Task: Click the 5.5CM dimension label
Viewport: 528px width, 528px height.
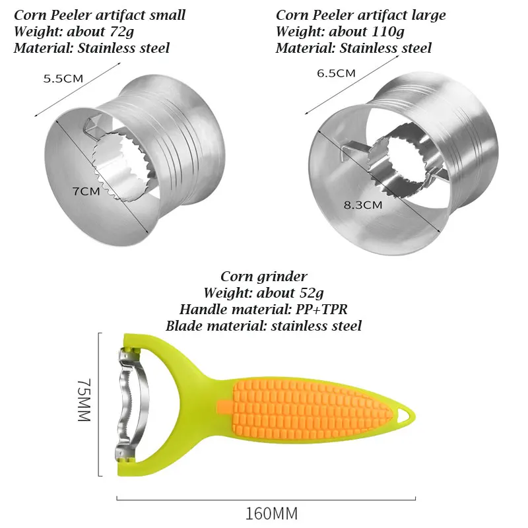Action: point(63,79)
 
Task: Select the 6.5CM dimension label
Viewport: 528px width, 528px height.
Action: point(336,73)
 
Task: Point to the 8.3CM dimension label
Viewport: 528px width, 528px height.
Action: point(364,205)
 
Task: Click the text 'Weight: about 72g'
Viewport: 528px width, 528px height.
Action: point(74,31)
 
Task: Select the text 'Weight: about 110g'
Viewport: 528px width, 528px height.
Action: point(340,31)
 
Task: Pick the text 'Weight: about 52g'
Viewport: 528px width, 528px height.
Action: point(263,293)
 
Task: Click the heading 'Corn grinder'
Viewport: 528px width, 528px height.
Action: point(263,277)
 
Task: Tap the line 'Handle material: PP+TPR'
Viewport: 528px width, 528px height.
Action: point(263,309)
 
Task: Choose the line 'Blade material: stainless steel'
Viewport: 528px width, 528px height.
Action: point(263,325)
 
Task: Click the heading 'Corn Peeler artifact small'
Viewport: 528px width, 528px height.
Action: point(100,15)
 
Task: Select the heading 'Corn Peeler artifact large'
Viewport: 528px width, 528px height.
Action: point(360,15)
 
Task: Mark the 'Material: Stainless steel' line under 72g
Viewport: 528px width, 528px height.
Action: point(92,48)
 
